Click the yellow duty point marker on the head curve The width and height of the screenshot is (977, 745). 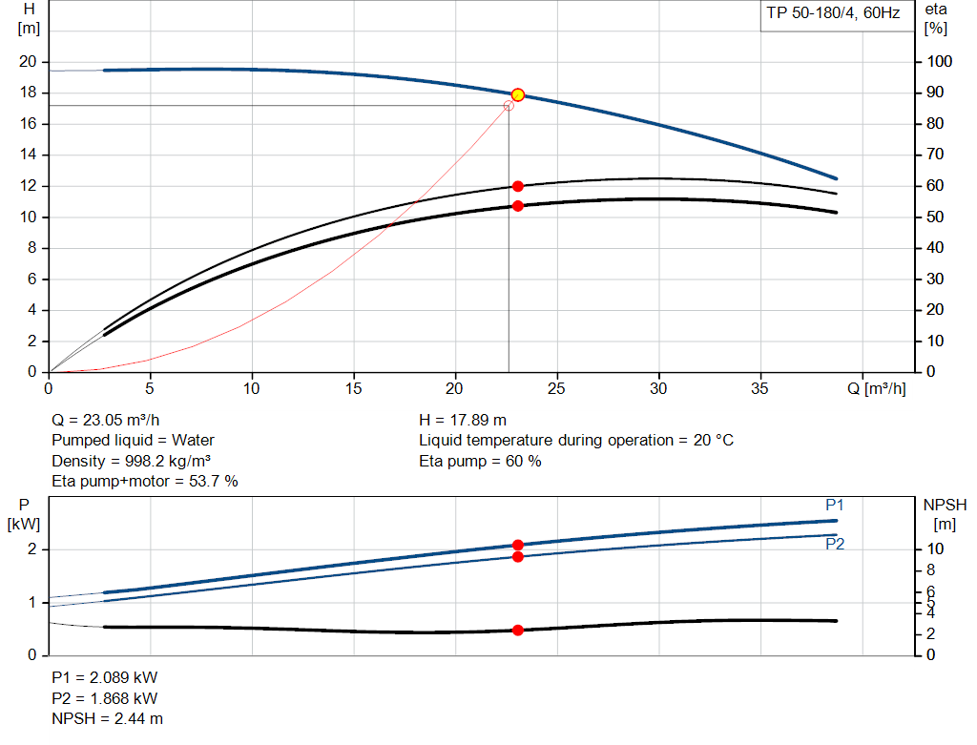pyautogui.click(x=518, y=94)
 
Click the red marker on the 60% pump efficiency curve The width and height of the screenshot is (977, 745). pyautogui.click(x=518, y=186)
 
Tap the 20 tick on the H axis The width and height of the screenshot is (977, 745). pyautogui.click(x=27, y=62)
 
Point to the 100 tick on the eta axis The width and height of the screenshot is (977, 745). pyautogui.click(x=939, y=62)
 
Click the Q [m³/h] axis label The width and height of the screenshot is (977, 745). pyautogui.click(x=883, y=389)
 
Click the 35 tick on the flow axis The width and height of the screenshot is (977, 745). pyautogui.click(x=760, y=388)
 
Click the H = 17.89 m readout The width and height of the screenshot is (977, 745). pyautogui.click(x=463, y=420)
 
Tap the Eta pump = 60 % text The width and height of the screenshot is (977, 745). pyautogui.click(x=480, y=461)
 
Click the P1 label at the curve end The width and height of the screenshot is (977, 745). pyautogui.click(x=835, y=505)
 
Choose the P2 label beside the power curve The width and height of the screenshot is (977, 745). pyautogui.click(x=835, y=544)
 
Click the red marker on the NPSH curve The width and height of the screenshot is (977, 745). pyautogui.click(x=518, y=630)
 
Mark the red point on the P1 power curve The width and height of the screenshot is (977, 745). pyautogui.click(x=518, y=545)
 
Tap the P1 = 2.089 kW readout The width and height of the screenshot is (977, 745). pyautogui.click(x=104, y=677)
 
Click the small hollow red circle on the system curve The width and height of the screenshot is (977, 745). pyautogui.click(x=509, y=105)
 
